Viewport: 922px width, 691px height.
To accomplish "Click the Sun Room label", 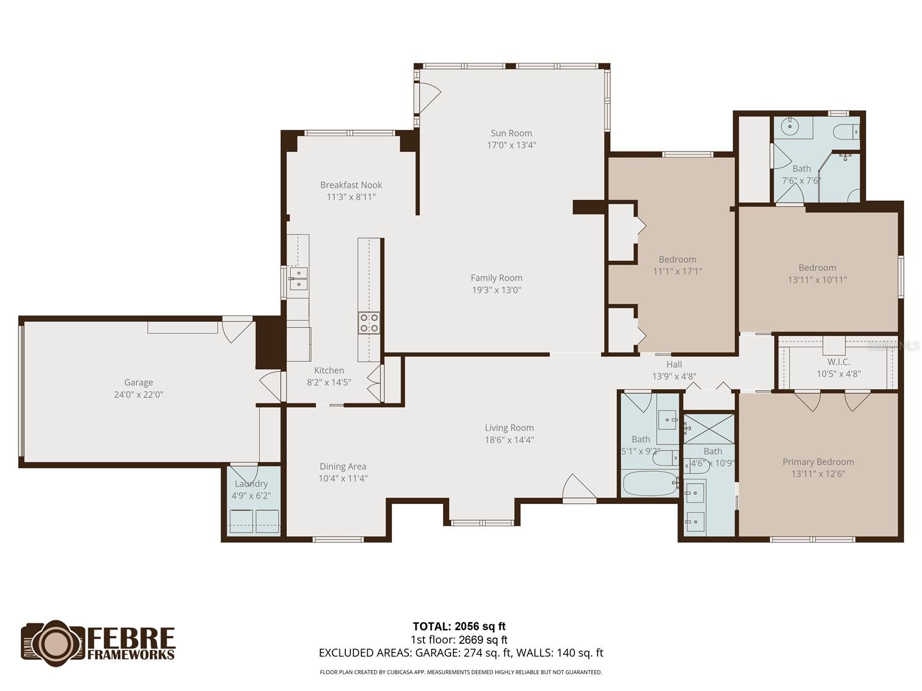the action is [511, 133].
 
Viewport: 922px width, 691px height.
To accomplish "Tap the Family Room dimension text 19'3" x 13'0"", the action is [497, 290].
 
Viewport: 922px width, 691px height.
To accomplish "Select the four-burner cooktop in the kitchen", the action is [369, 322].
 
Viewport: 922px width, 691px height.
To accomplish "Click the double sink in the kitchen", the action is [298, 279].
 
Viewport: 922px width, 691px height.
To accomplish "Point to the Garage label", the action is [138, 382].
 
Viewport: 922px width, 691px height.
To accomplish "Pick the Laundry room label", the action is [251, 484].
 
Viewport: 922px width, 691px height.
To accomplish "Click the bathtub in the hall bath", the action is [649, 483].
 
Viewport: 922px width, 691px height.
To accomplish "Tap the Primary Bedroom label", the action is [818, 461].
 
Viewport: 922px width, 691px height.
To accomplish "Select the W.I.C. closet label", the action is [838, 362].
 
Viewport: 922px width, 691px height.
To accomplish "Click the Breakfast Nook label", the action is [351, 185].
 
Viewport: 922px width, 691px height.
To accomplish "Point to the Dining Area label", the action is [343, 466].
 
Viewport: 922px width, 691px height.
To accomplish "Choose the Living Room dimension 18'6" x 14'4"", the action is [509, 440].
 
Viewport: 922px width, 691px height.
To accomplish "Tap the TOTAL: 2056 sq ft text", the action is [459, 627].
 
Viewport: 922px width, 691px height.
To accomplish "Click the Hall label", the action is [674, 364].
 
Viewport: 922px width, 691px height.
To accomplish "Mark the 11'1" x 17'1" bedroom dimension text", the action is [677, 271].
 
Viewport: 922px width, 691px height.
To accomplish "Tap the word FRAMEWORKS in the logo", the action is [131, 655].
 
